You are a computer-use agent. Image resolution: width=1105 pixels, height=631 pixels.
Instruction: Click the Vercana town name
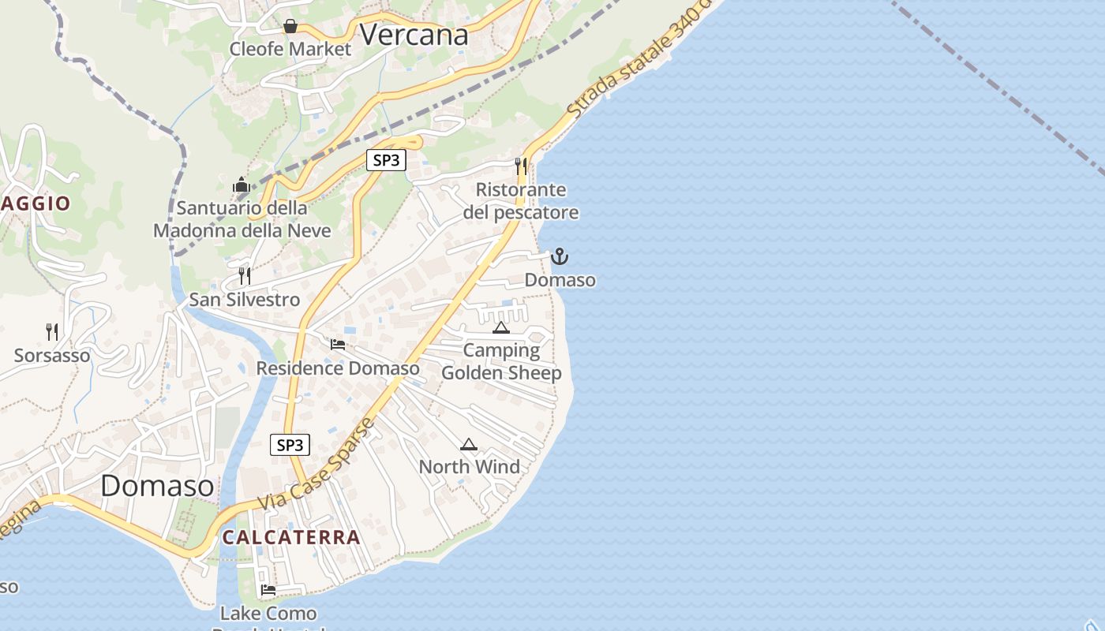point(414,34)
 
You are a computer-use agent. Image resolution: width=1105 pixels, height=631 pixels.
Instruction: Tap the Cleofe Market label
point(290,49)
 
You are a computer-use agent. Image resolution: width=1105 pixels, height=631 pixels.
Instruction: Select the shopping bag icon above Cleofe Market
point(290,26)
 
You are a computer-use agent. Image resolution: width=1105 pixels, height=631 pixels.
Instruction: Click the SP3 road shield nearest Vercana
point(386,160)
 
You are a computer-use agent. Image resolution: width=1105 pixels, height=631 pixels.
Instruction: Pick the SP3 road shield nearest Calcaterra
point(290,445)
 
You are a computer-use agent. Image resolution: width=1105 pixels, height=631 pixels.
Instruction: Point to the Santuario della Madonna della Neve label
point(242,219)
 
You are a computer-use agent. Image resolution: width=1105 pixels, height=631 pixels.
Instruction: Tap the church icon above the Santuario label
point(242,186)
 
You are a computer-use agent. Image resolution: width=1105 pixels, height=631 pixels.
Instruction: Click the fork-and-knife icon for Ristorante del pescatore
point(521,166)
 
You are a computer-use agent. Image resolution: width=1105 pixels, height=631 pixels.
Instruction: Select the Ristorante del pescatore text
point(521,201)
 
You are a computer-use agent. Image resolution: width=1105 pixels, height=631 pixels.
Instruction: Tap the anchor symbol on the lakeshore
point(560,256)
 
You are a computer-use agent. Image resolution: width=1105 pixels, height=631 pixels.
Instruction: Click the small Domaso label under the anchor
point(560,280)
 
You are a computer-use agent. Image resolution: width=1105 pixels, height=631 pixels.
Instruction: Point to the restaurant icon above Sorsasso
point(52,331)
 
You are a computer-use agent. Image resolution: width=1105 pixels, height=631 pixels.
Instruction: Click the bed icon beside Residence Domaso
point(338,345)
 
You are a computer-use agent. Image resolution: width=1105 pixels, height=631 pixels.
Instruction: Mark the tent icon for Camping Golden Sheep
point(501,327)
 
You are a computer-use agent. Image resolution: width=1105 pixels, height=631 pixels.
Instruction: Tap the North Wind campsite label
point(470,466)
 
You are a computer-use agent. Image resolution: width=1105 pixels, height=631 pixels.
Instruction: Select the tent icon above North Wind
point(469,444)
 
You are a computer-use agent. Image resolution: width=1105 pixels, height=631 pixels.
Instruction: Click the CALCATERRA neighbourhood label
point(291,537)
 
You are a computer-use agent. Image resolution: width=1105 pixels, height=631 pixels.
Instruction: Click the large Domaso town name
point(157,485)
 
